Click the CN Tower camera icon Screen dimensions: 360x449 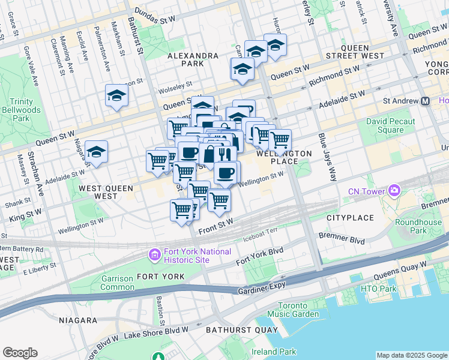(394, 191)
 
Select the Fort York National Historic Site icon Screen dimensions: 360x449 (154, 255)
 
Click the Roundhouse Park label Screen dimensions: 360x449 (418, 226)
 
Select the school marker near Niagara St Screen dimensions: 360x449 (96, 152)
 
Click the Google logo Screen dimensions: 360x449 (20, 353)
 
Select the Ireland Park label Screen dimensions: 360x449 (274, 352)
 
